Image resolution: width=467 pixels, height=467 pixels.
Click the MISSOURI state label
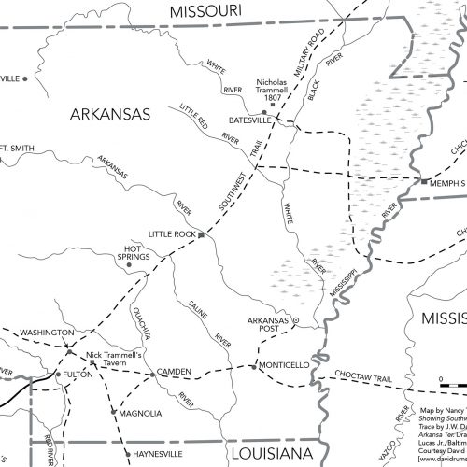click(214, 11)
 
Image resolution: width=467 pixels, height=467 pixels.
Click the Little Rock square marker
click(201, 235)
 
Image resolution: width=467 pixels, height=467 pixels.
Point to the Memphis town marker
click(423, 181)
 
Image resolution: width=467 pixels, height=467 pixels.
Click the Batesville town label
click(253, 121)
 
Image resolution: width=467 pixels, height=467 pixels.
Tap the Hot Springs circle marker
click(130, 264)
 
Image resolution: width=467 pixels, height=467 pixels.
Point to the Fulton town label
click(78, 375)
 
